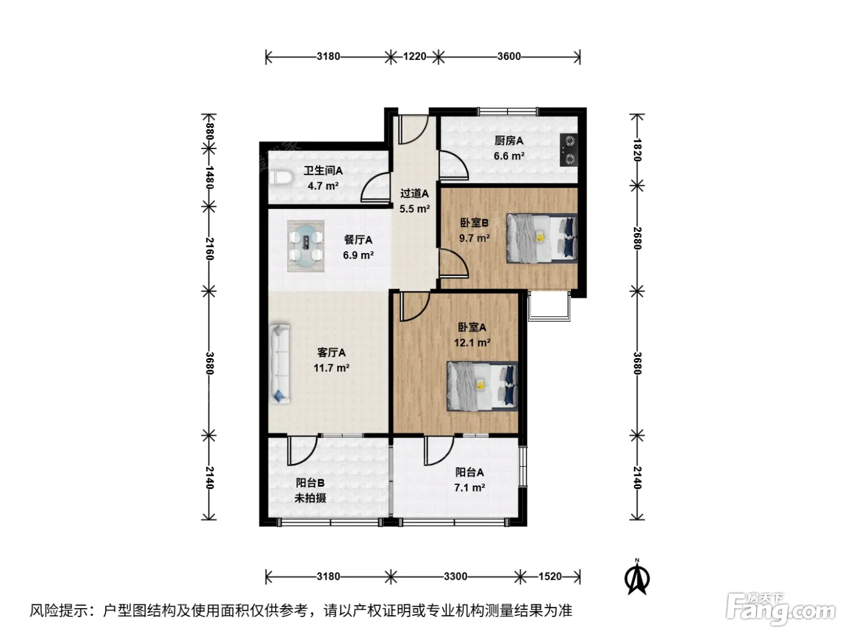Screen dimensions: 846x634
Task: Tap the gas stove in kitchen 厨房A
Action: pos(569,150)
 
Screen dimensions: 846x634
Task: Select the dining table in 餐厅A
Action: pos(306,246)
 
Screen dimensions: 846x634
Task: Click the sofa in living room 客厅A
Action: pos(279,363)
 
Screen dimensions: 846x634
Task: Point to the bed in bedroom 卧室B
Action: pos(542,239)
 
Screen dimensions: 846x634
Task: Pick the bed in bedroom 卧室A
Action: pos(482,386)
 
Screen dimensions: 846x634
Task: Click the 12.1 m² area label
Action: pos(472,342)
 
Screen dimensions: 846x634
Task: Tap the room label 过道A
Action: pos(415,193)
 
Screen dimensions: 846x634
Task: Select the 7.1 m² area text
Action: pos(470,488)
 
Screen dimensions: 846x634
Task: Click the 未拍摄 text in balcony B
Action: pos(310,498)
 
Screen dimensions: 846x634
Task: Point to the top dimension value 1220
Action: pos(415,57)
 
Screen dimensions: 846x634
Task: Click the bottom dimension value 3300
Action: pos(456,576)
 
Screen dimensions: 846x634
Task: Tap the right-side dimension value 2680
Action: pos(637,239)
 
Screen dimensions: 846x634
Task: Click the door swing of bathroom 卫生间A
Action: pos(375,187)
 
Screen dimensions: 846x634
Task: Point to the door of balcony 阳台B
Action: pos(303,450)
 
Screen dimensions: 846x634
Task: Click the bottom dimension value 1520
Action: pos(550,576)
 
